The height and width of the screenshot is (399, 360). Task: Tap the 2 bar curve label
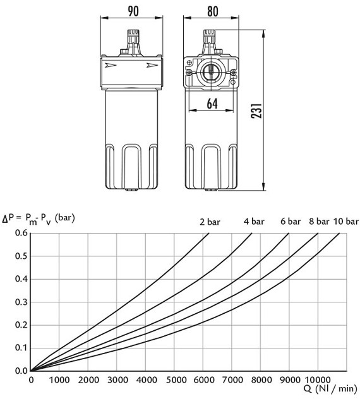(210, 222)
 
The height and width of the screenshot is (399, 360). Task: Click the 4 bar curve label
(254, 222)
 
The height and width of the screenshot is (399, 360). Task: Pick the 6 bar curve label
(291, 222)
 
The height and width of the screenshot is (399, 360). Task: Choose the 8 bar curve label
(319, 222)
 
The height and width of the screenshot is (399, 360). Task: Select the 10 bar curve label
(346, 222)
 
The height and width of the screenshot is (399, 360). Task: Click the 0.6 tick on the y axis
(21, 233)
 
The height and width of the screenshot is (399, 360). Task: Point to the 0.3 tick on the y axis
(21, 302)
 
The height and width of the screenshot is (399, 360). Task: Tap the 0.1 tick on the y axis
(21, 348)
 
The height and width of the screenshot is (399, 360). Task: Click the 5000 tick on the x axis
(176, 379)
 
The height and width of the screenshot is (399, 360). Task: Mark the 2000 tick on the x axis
(89, 379)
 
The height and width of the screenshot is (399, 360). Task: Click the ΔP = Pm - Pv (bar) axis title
(39, 218)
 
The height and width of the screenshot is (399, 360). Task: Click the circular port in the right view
(210, 73)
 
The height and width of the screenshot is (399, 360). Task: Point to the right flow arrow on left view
(152, 65)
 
